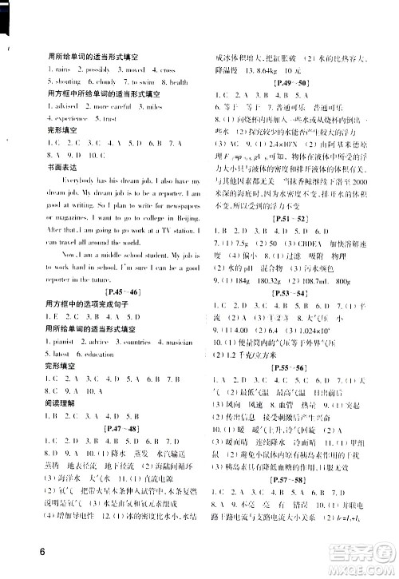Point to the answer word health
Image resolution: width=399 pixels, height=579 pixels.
(178, 82)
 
